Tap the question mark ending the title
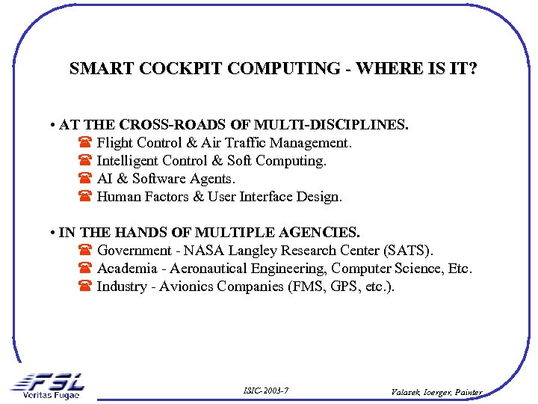[472, 69]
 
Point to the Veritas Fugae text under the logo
[51, 395]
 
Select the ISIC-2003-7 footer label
[266, 391]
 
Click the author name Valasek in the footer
[409, 391]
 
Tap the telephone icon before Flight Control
[84, 143]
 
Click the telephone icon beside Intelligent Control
[84, 161]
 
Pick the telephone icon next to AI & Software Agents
[84, 179]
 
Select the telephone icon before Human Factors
[84, 198]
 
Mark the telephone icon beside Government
[84, 251]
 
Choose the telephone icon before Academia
[84, 269]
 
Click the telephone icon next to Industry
[84, 287]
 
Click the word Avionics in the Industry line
[187, 287]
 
